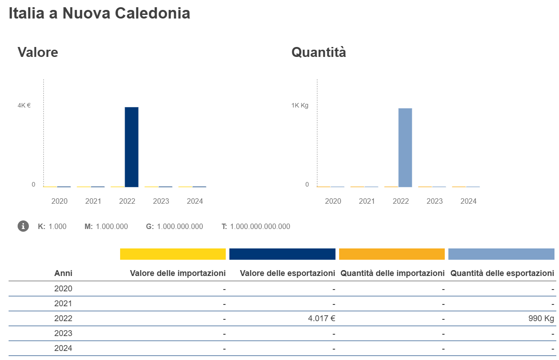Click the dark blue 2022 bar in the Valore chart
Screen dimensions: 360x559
[x=131, y=147]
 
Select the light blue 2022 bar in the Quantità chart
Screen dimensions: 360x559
[x=405, y=147]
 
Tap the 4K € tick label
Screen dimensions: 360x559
[x=24, y=105]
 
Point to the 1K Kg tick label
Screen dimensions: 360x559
[x=300, y=105]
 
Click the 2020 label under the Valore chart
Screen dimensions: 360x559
[x=59, y=201]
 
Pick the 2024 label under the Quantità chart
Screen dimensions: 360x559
[x=468, y=201]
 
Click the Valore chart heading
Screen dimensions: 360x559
[x=38, y=52]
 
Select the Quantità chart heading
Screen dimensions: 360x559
[x=319, y=52]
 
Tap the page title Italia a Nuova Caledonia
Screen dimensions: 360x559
[x=99, y=14]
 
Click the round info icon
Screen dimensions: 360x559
[x=23, y=226]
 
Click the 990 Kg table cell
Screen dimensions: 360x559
[x=541, y=318]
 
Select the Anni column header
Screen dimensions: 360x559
[x=63, y=273]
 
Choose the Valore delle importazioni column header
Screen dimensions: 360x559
[x=177, y=273]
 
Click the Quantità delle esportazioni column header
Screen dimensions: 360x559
[x=502, y=273]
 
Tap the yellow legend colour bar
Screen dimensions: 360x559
[x=172, y=254]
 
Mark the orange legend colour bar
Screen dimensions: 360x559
[x=391, y=254]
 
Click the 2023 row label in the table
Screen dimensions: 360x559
[x=63, y=333]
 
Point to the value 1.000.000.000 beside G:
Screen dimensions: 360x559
[x=179, y=226]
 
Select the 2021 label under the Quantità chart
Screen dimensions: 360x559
[x=367, y=201]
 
